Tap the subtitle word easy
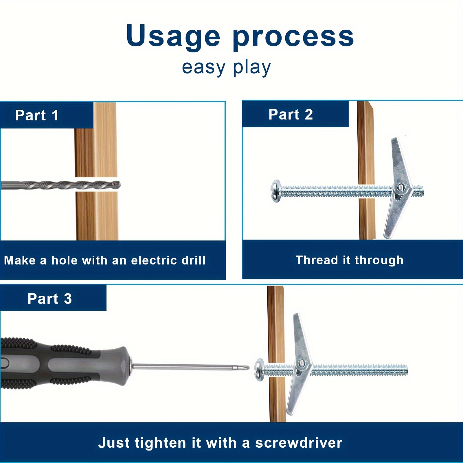point(203,68)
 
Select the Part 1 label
point(37,115)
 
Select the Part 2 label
point(291,114)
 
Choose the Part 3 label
point(49,298)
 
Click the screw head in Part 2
point(276,191)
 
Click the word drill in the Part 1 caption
point(194,260)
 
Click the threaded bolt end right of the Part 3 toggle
point(359,370)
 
